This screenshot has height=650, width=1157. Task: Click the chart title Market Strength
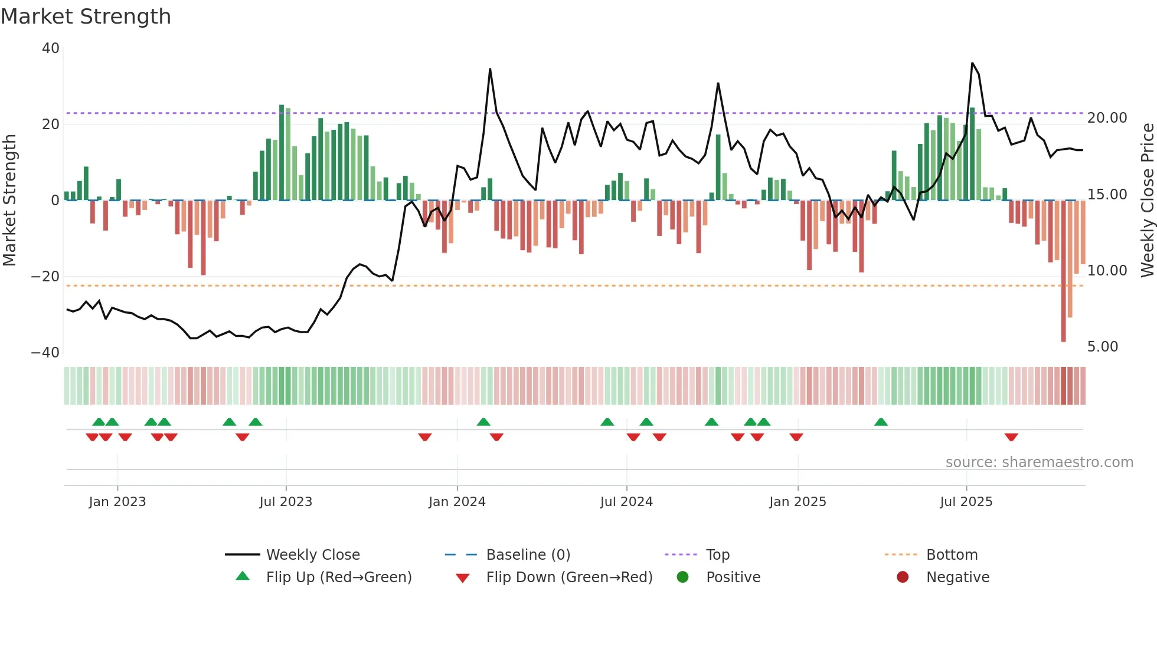click(86, 17)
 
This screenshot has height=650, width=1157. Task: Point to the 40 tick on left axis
click(51, 48)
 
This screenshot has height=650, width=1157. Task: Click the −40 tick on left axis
click(45, 353)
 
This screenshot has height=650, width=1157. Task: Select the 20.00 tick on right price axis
click(1107, 118)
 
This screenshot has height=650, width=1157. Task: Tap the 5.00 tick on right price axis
click(1102, 347)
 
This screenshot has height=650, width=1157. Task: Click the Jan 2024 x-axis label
click(457, 502)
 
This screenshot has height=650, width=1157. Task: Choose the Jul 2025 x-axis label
click(966, 502)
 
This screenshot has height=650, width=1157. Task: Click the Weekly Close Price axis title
click(1147, 201)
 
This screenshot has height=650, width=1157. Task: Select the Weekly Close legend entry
click(312, 555)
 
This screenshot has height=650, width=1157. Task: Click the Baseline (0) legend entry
click(528, 555)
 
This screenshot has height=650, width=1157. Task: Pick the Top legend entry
click(717, 555)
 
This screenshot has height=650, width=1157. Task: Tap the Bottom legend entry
click(952, 555)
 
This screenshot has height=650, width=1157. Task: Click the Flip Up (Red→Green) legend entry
click(338, 577)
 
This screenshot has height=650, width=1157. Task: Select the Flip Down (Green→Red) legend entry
click(569, 577)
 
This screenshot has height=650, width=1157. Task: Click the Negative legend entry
click(957, 577)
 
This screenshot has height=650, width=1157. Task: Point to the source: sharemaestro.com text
click(1039, 462)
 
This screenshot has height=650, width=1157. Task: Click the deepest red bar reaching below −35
click(1063, 271)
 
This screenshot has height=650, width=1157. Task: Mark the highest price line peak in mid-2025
click(972, 63)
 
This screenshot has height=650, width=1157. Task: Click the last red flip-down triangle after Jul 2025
click(1011, 437)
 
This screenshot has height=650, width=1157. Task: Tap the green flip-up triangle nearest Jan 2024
click(483, 422)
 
